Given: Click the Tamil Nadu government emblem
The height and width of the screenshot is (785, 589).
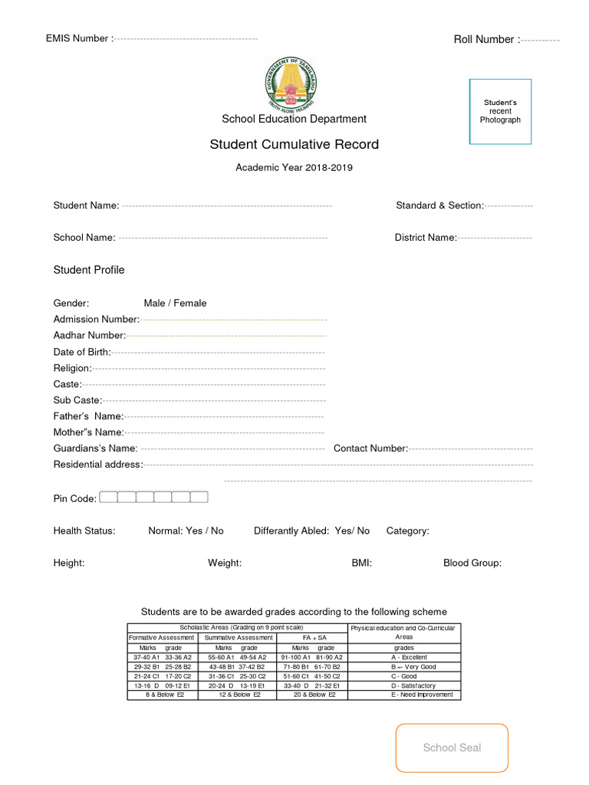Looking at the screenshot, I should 294,83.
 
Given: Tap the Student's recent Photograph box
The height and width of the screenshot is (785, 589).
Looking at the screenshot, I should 500,111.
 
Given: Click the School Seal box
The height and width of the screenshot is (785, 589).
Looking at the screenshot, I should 452,747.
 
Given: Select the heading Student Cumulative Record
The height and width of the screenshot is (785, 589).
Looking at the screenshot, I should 294,145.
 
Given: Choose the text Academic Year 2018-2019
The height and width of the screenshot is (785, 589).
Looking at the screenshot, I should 294,167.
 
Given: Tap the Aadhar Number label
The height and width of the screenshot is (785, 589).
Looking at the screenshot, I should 89,335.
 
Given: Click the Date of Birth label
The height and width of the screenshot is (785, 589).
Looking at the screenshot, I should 81,351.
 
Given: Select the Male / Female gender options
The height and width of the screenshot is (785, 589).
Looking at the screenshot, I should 175,303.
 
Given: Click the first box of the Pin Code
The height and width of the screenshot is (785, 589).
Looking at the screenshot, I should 108,498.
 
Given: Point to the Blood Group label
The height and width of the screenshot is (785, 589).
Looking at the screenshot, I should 472,563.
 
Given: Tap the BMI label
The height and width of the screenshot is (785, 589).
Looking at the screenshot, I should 362,563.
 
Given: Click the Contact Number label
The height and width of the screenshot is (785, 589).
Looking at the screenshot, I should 370,448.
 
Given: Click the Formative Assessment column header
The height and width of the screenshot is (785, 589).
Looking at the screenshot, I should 162,637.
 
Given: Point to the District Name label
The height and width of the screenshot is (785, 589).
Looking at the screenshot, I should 426,238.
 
